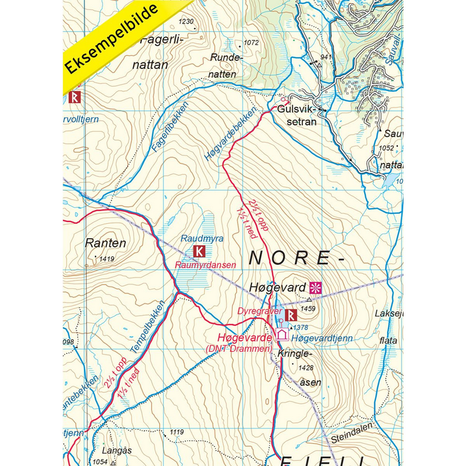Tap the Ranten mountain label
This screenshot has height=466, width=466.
click(105, 243)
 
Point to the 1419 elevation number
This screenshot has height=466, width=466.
click(106, 258)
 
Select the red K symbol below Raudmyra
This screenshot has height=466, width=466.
click(199, 251)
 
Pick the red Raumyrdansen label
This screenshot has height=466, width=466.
click(205, 264)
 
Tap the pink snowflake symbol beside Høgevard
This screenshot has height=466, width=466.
click(316, 287)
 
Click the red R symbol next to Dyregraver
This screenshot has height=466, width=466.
click(291, 314)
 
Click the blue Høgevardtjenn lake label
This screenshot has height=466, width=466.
click(320, 338)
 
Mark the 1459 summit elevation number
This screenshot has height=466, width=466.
click(307, 309)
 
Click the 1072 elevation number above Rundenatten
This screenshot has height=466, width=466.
click(251, 43)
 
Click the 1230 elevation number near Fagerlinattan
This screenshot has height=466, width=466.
click(186, 22)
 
